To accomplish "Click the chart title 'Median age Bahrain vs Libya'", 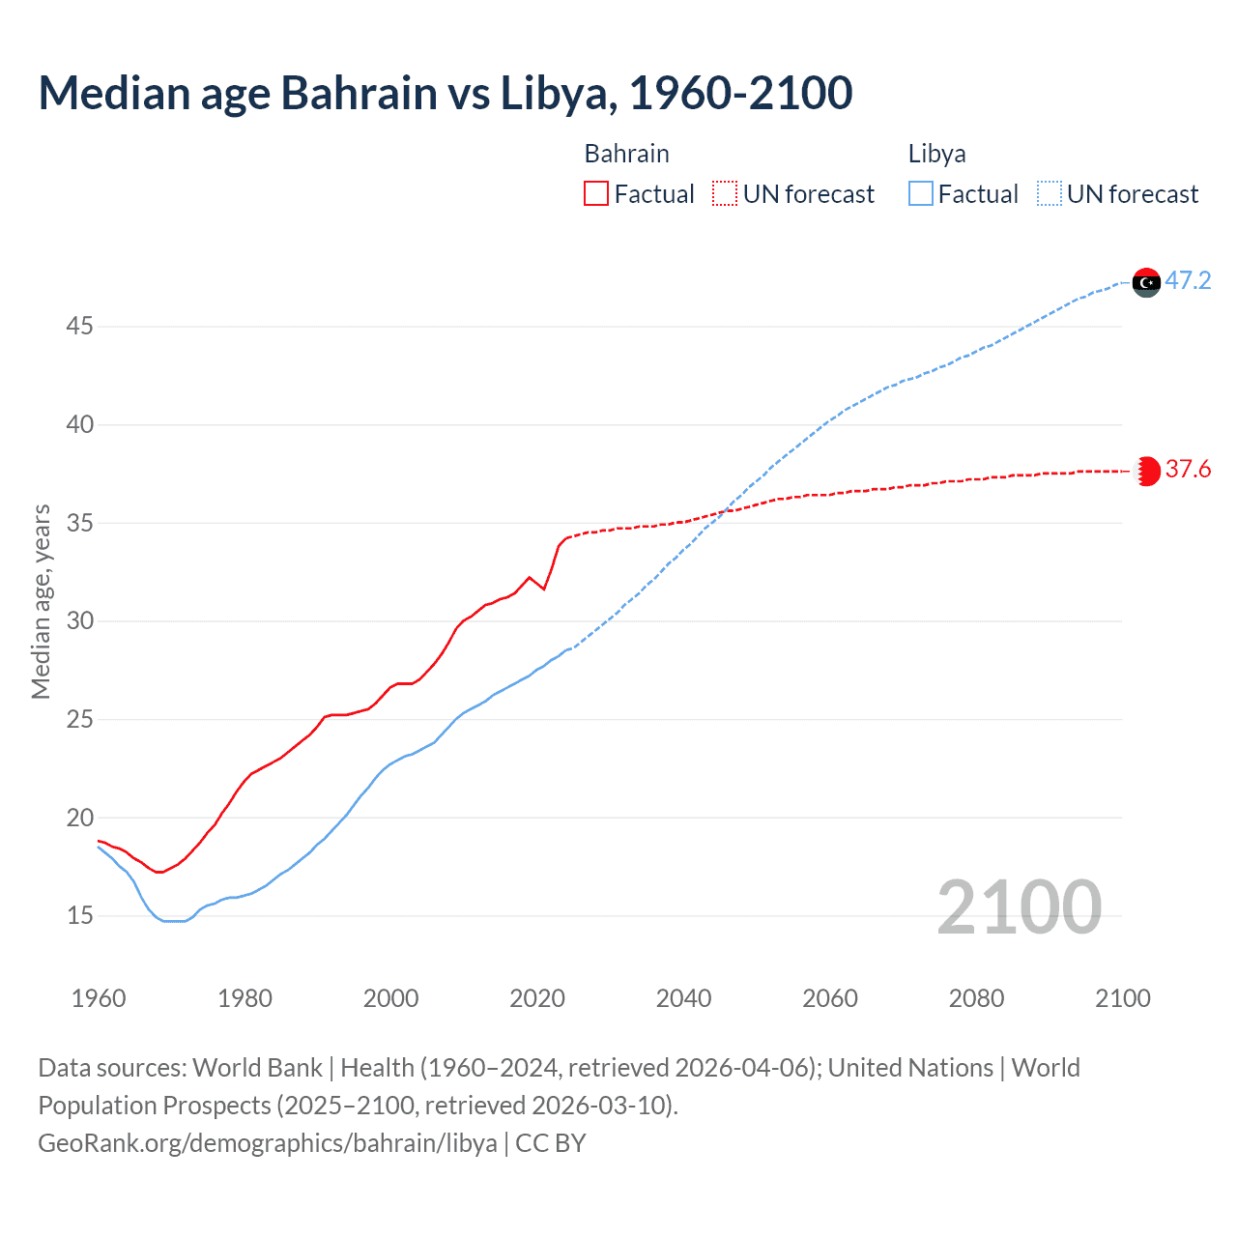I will (445, 93).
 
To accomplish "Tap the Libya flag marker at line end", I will (1146, 282).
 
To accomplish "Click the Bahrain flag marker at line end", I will (1146, 471).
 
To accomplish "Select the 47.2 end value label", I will (1188, 281).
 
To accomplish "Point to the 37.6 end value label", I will (1188, 470).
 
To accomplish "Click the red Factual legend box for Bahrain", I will (596, 194).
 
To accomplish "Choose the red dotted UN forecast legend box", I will (725, 194).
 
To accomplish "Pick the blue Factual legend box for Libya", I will (921, 194).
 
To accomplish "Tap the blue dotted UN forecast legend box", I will (1050, 194).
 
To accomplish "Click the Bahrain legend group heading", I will (626, 154).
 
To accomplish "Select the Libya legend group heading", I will (936, 154).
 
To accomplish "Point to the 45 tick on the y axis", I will (79, 327).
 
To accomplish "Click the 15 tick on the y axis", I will (79, 915).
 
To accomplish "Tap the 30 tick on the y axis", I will (79, 620).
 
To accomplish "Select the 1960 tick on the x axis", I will (99, 998).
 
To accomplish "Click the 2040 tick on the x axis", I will (683, 998).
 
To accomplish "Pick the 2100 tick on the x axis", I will (1122, 998).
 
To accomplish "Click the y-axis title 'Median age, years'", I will (41, 601).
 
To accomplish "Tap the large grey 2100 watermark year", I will (1019, 907).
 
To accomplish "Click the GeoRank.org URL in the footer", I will (268, 1143).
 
